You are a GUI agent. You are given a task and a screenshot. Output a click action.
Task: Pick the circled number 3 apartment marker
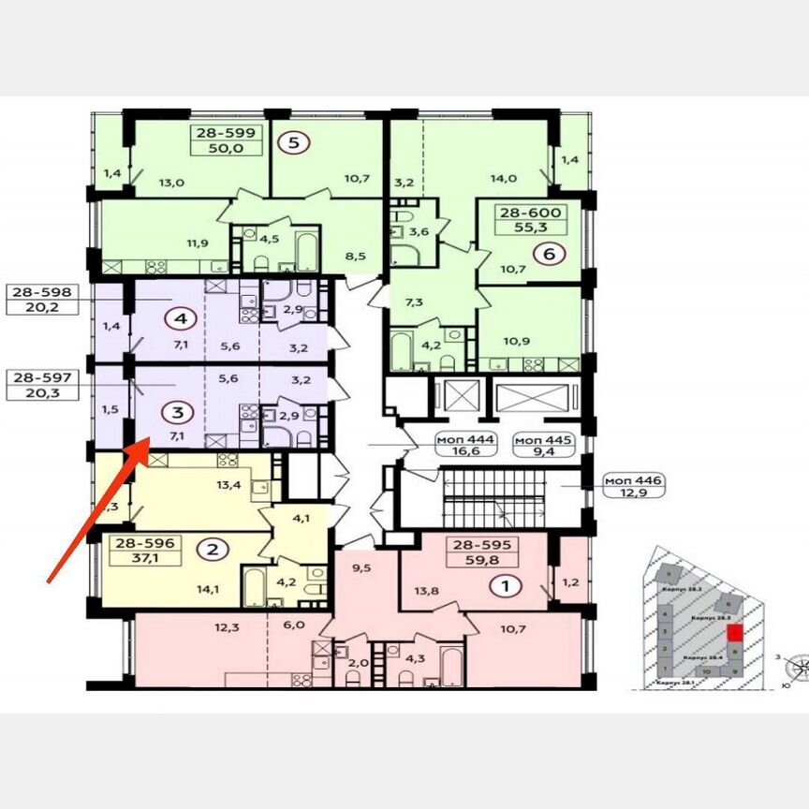(x=173, y=410)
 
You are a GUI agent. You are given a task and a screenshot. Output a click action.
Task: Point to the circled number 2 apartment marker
(x=213, y=550)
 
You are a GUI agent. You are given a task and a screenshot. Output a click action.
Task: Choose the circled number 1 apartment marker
(x=507, y=587)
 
